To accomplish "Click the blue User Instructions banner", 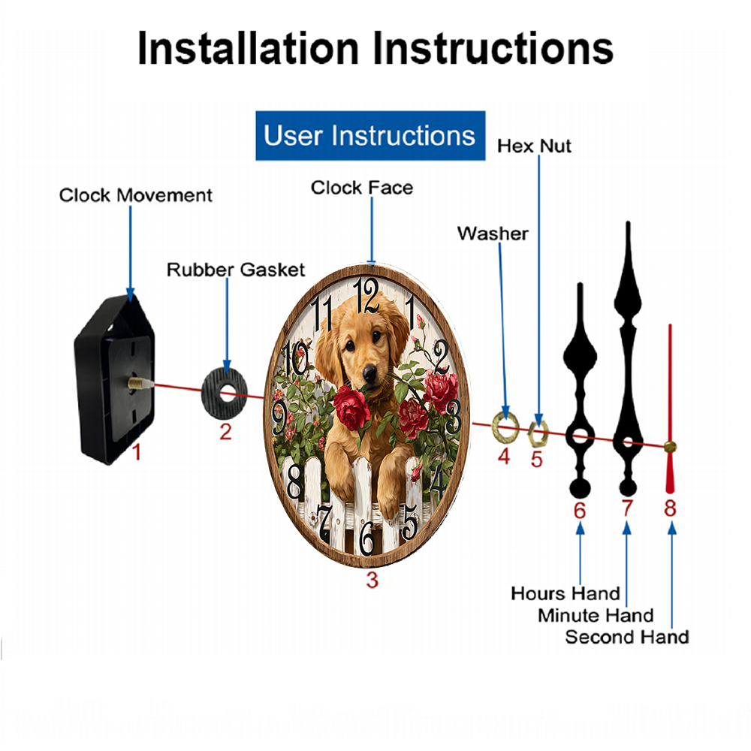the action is (370, 135).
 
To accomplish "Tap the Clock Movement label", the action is (135, 195).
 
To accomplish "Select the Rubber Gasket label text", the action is (236, 270).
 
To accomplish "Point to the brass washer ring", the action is (505, 427).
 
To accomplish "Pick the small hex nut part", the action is (538, 433).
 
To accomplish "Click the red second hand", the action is (670, 409).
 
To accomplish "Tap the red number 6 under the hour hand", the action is (580, 511).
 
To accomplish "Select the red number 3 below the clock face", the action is (372, 580).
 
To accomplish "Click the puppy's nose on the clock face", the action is (369, 372).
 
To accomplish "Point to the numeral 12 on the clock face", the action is (366, 295).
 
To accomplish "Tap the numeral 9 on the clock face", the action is (279, 417).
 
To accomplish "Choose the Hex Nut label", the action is (534, 146).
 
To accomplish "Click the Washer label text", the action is (493, 234).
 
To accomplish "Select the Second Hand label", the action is (627, 637).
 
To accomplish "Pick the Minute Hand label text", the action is (596, 616).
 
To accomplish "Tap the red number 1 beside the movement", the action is (137, 451).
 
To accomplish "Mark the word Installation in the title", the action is (248, 48).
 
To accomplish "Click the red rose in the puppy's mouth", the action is (352, 408).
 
